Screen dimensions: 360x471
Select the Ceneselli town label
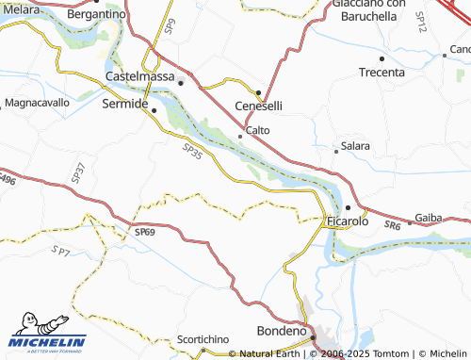tap(258, 106)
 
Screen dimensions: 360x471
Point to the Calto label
tap(257, 131)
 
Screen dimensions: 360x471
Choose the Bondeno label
tap(282, 331)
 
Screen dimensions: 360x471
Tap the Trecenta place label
tap(382, 73)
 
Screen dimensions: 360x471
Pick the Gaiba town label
tap(428, 217)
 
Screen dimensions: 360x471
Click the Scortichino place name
tap(203, 339)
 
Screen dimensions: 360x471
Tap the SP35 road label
tap(192, 152)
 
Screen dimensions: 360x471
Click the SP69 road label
tap(144, 232)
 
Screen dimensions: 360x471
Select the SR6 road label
tap(393, 226)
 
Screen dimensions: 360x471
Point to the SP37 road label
tap(77, 172)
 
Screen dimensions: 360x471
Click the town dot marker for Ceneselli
tap(258, 92)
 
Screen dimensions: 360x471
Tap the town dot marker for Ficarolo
tap(348, 207)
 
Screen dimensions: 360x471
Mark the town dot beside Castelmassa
tap(182, 82)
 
